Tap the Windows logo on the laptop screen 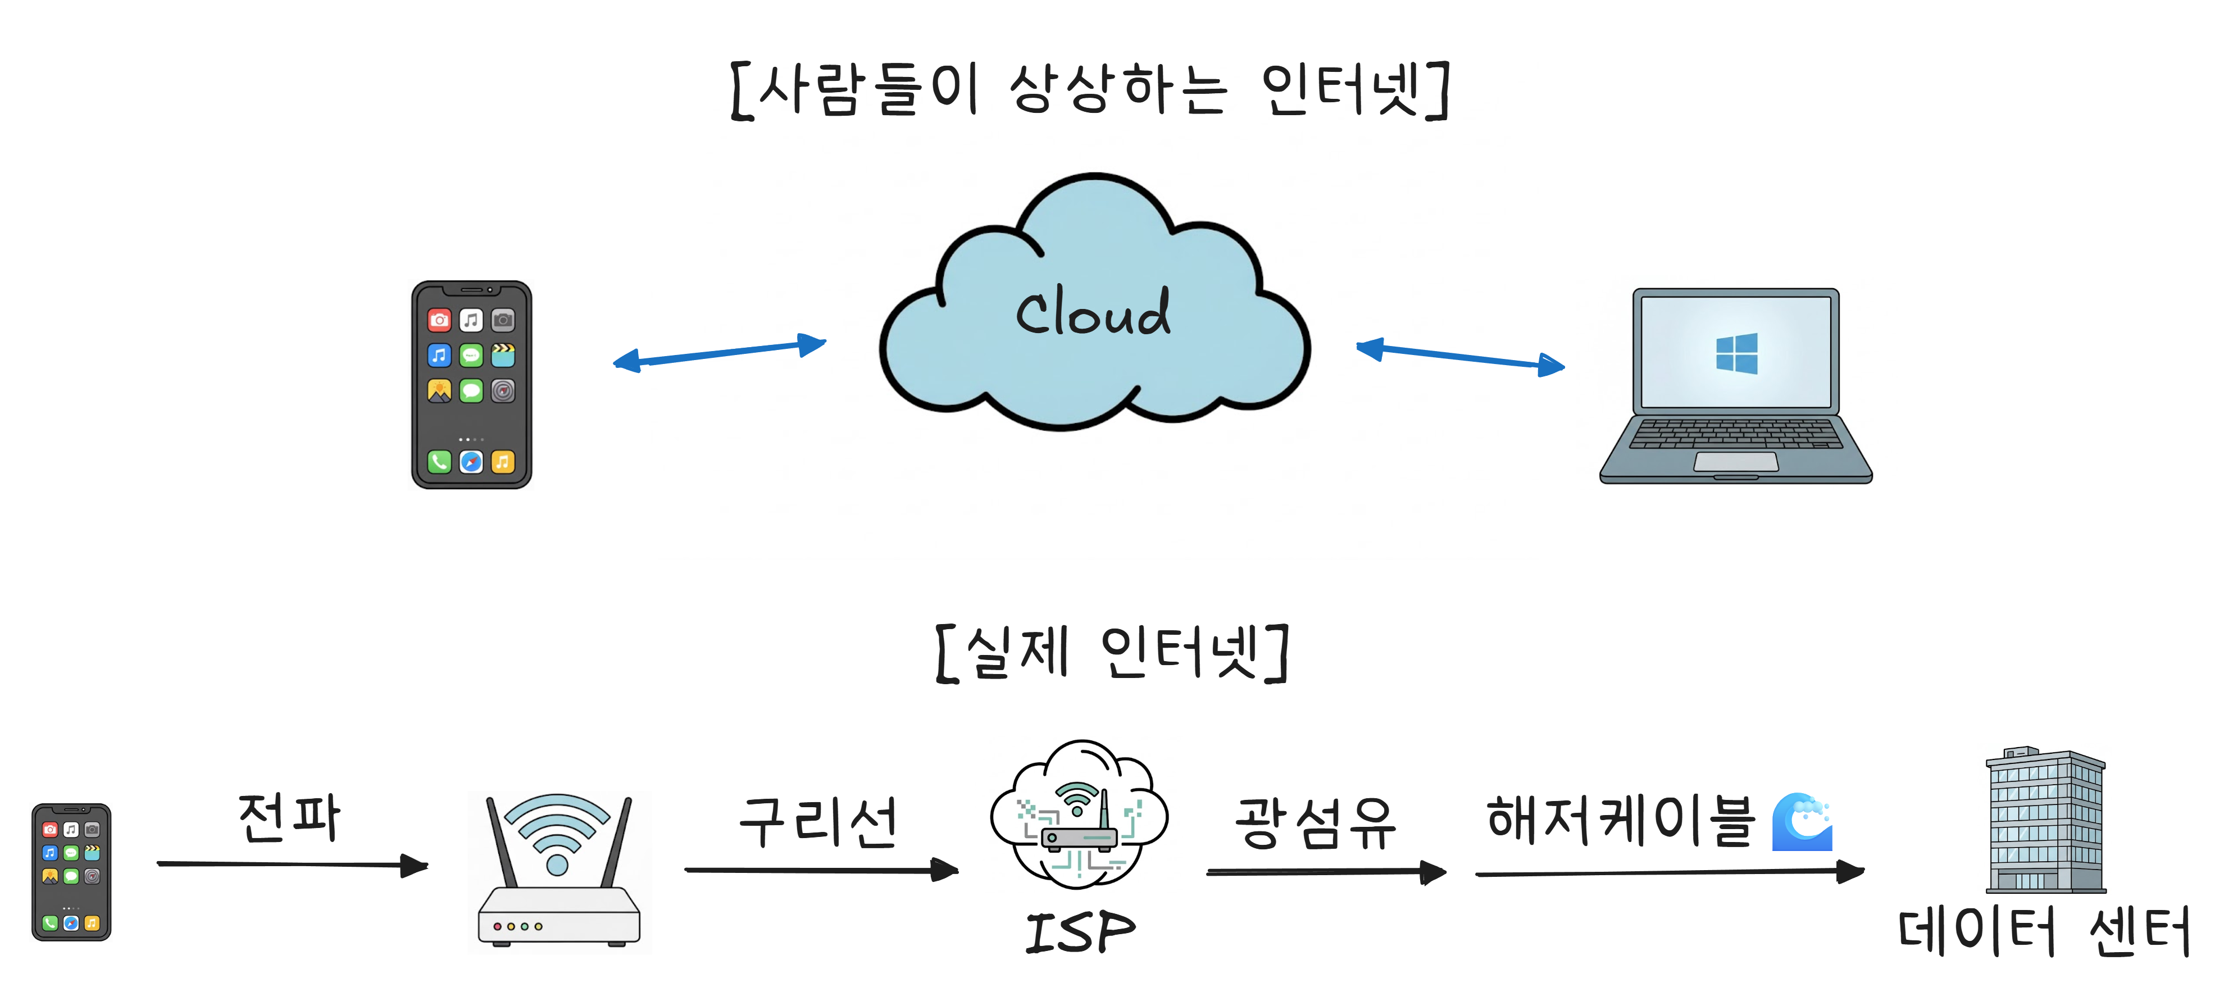(1736, 353)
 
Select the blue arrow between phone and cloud (719, 352)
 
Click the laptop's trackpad (1735, 462)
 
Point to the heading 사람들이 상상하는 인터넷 (1090, 90)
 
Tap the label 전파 (289, 818)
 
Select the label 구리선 (818, 821)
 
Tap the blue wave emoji (1801, 822)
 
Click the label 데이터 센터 (2043, 931)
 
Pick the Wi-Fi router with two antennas (558, 872)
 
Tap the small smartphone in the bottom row (72, 872)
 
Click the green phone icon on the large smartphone (439, 462)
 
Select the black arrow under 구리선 (820, 870)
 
